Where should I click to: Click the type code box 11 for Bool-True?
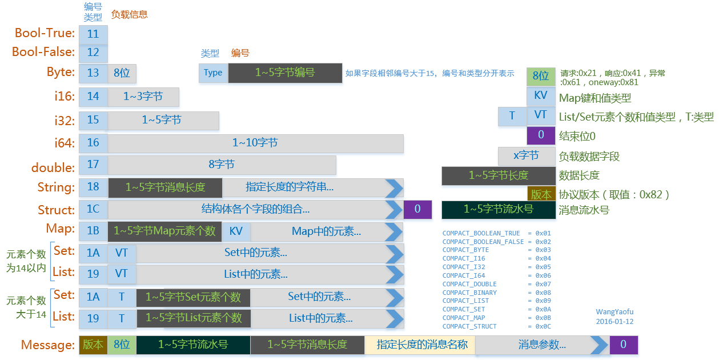point(93,34)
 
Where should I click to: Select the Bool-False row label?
point(43,52)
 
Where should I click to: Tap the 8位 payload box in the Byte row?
point(122,73)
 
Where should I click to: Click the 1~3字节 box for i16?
point(143,97)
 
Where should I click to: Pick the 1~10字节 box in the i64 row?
point(255,143)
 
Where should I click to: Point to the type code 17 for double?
point(93,165)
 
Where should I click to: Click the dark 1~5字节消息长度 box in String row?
point(165,187)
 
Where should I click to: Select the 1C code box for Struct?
point(93,209)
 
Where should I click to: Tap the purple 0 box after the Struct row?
point(417,209)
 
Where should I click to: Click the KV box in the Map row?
point(236,231)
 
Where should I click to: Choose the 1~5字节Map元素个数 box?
point(164,231)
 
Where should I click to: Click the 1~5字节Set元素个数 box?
point(194,297)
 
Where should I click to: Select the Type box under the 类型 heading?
point(213,73)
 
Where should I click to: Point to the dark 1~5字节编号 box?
point(285,73)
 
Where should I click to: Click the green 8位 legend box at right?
point(540,76)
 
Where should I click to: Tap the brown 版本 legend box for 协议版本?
point(541,194)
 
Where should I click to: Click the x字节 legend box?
point(526,156)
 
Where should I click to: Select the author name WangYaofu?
point(614,312)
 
